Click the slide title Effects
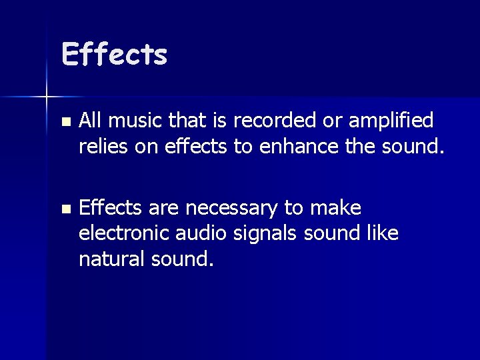click(x=114, y=54)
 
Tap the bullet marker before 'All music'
click(x=64, y=123)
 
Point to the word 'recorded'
click(x=281, y=121)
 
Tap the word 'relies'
click(x=101, y=146)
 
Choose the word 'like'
click(x=383, y=234)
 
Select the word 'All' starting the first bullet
click(x=89, y=121)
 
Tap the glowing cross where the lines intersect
click(x=47, y=97)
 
